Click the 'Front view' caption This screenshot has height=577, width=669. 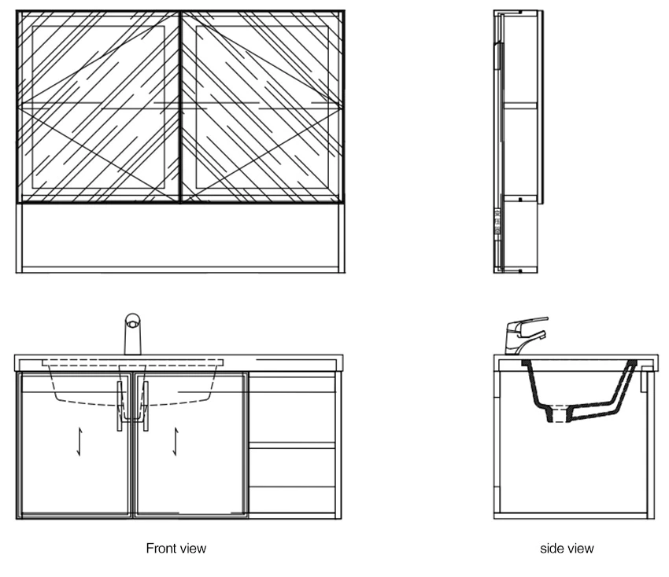pyautogui.click(x=176, y=548)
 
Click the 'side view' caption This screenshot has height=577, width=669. pyautogui.click(x=567, y=548)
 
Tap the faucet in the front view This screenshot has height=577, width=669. pyautogui.click(x=133, y=334)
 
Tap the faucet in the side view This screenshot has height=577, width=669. pyautogui.click(x=526, y=336)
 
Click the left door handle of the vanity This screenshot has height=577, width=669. pyautogui.click(x=120, y=406)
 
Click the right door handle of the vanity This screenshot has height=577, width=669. pyautogui.click(x=146, y=406)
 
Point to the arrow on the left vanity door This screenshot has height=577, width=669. pyautogui.click(x=79, y=442)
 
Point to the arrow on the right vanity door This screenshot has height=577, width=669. pyautogui.click(x=176, y=442)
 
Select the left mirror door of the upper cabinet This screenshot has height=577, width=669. pyautogui.click(x=98, y=107)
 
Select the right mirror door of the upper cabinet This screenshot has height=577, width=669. pyautogui.click(x=262, y=107)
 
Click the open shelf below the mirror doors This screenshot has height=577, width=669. pyautogui.click(x=180, y=237)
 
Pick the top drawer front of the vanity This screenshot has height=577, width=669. pyautogui.click(x=292, y=381)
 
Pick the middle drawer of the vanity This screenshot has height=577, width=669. pyautogui.click(x=292, y=467)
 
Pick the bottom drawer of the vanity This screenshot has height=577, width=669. pyautogui.click(x=292, y=502)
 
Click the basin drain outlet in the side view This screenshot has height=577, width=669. pyautogui.click(x=558, y=413)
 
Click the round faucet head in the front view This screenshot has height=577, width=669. pyautogui.click(x=133, y=322)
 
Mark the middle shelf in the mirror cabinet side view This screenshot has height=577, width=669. pyautogui.click(x=520, y=105)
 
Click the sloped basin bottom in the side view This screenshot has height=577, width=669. pyautogui.click(x=593, y=411)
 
